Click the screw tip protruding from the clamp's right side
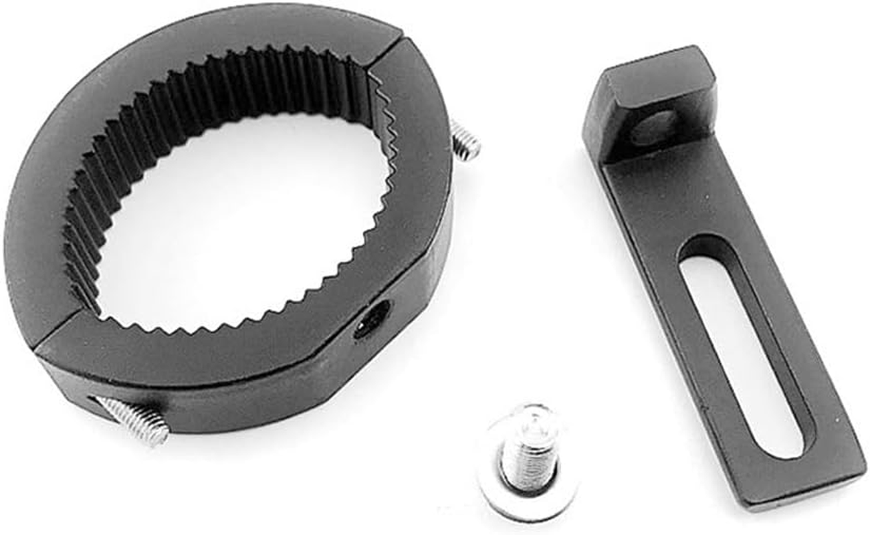[x=465, y=141]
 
